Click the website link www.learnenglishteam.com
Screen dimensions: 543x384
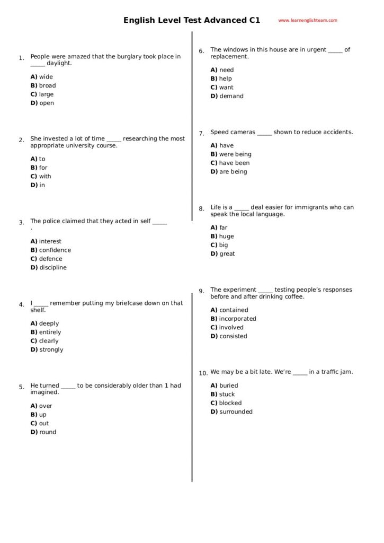(x=307, y=21)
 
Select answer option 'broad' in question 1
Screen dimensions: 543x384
(x=47, y=85)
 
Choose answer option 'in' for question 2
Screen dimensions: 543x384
(x=42, y=185)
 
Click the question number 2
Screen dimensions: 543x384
(x=21, y=141)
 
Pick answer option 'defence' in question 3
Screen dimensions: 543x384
(x=50, y=259)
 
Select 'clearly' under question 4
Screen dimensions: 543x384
(x=49, y=341)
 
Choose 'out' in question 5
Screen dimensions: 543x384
(x=43, y=423)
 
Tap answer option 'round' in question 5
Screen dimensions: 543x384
(x=47, y=432)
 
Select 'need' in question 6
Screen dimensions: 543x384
(x=226, y=70)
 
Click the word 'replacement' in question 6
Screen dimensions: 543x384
(x=229, y=57)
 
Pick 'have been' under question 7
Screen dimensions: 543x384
(x=234, y=163)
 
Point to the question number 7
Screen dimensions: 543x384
(x=201, y=134)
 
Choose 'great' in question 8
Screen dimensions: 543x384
(x=227, y=254)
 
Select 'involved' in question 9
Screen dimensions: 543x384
(x=231, y=328)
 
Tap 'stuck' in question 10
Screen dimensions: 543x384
(x=227, y=395)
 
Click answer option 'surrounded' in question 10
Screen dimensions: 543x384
(x=236, y=412)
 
